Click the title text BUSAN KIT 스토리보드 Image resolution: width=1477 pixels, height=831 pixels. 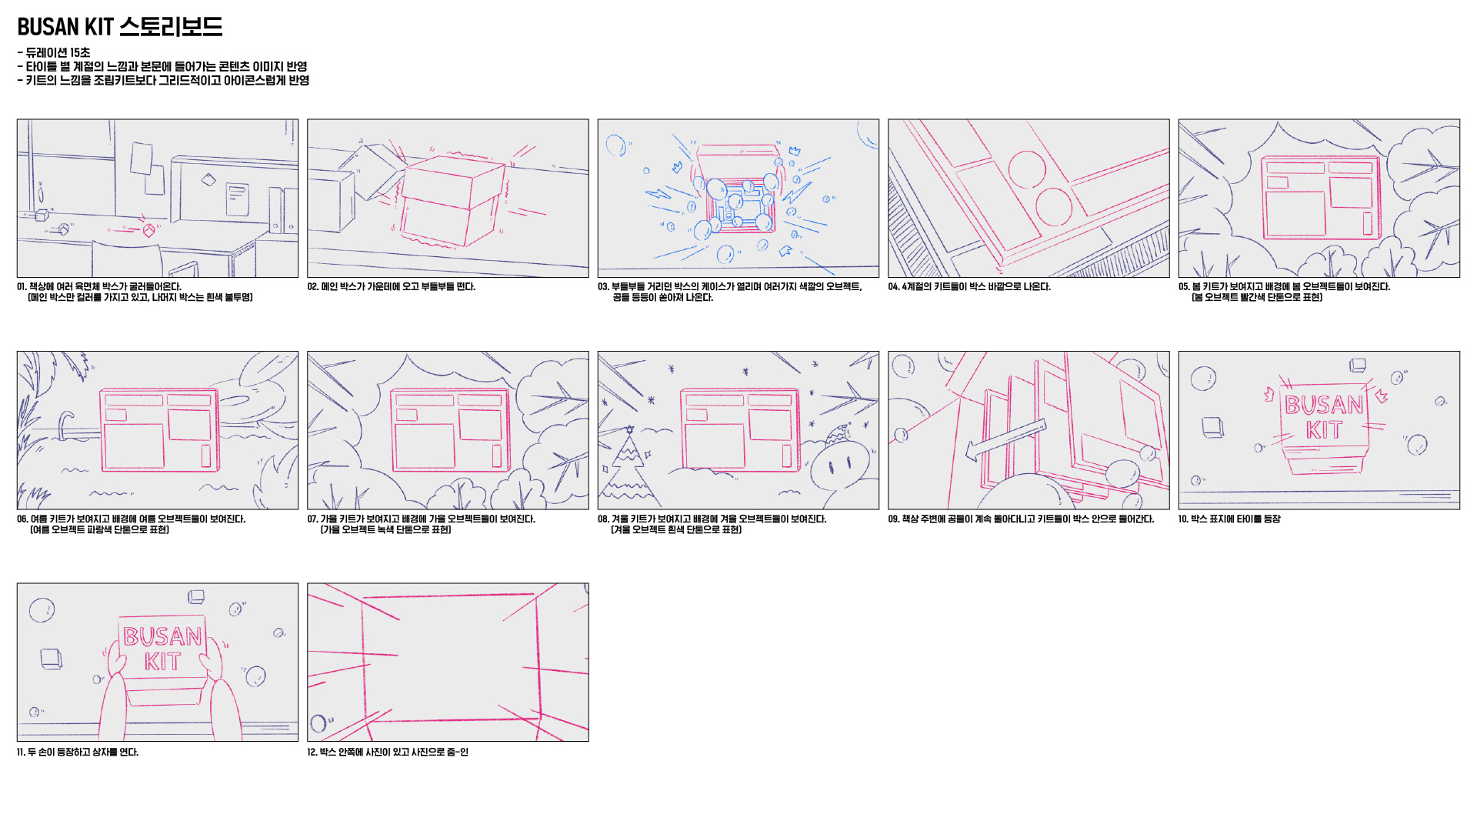point(120,27)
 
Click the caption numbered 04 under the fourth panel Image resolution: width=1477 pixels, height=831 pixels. point(969,287)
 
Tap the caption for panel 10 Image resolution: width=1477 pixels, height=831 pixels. point(1229,519)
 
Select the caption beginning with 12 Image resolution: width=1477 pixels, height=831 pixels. point(387,753)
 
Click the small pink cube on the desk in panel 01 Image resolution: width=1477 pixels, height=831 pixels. point(148,229)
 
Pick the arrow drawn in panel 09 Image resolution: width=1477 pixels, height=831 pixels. point(1005,440)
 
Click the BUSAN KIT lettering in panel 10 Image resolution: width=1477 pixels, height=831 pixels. point(1323,417)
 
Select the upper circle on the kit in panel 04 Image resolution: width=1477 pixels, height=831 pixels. point(1027,169)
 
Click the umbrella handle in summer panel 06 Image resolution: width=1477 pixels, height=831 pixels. point(65,426)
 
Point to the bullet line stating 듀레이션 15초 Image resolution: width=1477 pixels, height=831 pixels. point(54,52)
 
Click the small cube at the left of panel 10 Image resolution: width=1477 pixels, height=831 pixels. point(1212,427)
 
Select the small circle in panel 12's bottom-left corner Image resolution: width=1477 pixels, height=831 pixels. point(318,723)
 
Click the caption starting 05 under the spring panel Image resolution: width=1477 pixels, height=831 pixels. point(1284,292)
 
